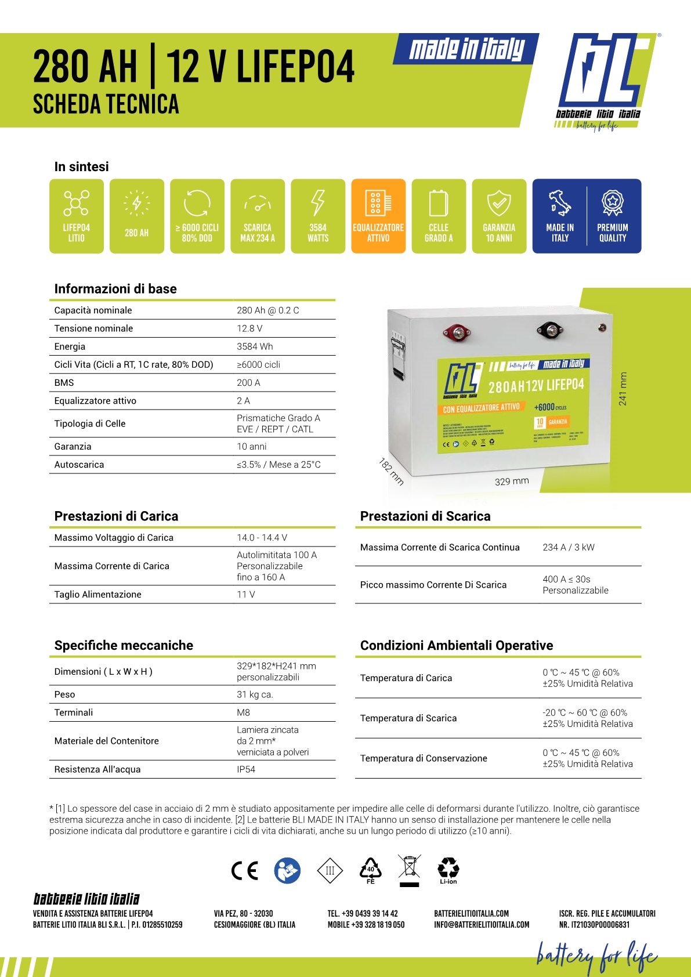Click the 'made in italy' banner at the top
(x=466, y=49)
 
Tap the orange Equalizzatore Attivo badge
(x=378, y=216)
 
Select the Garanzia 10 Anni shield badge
(x=499, y=216)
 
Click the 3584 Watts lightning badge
(x=318, y=216)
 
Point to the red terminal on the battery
(x=457, y=333)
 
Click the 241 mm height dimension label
(x=623, y=389)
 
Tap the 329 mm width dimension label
(x=512, y=481)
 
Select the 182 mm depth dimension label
(x=391, y=471)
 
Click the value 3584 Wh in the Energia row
(x=255, y=346)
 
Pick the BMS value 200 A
(x=248, y=382)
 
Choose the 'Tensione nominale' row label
(x=93, y=328)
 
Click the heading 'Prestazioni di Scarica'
(x=425, y=516)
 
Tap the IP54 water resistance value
(x=246, y=769)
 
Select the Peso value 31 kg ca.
(x=255, y=694)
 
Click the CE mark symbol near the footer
(x=244, y=871)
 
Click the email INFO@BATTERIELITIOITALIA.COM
(x=482, y=925)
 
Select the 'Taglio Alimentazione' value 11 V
(x=246, y=594)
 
